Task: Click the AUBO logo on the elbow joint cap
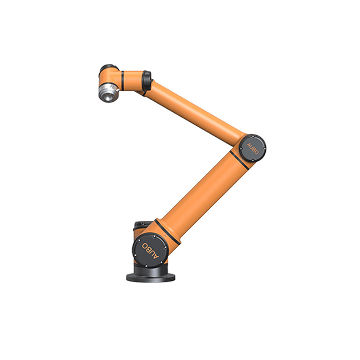[x=252, y=149]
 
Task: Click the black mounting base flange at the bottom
[x=151, y=277]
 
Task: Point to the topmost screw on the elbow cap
[x=253, y=137]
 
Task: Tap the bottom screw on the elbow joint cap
[x=253, y=160]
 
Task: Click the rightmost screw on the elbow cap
[x=264, y=148]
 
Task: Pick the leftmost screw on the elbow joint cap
[x=241, y=148]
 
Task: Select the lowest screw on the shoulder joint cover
[x=146, y=266]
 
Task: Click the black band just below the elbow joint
[x=239, y=160]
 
